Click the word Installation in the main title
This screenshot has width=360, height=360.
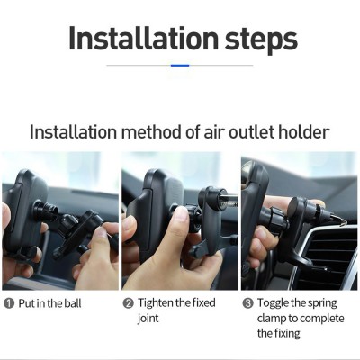pos(143,39)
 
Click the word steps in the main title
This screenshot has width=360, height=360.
pos(261,40)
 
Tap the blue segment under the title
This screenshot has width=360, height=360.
pos(180,65)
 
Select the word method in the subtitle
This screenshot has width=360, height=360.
pos(151,132)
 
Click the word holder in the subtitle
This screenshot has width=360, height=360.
pos(304,132)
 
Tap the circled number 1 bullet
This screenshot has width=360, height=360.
pos(9,303)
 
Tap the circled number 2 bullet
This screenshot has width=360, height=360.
pos(128,303)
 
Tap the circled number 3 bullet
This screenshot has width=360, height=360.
pos(247,303)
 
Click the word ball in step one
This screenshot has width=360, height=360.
pos(73,303)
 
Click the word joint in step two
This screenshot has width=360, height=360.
pos(148,319)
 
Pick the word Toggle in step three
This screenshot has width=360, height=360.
pos(273,303)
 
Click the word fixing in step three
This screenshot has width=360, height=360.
pos(287,334)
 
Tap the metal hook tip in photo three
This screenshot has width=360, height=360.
pos(343,222)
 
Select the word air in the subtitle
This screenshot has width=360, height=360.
pos(214,132)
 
